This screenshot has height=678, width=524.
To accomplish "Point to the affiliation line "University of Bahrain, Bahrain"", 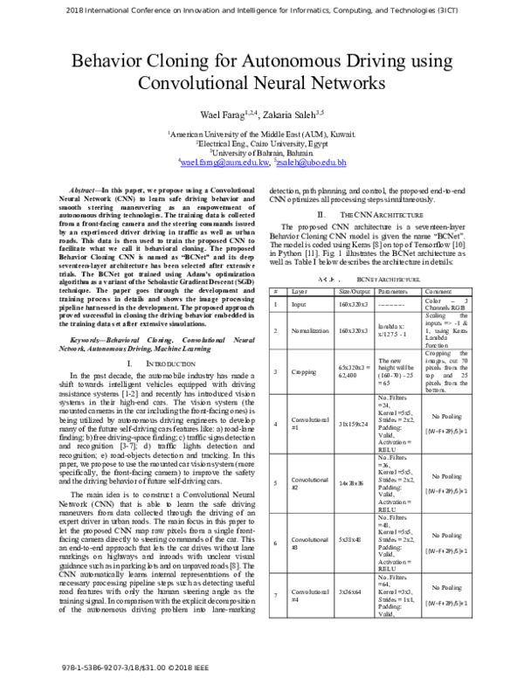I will pos(262,153).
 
